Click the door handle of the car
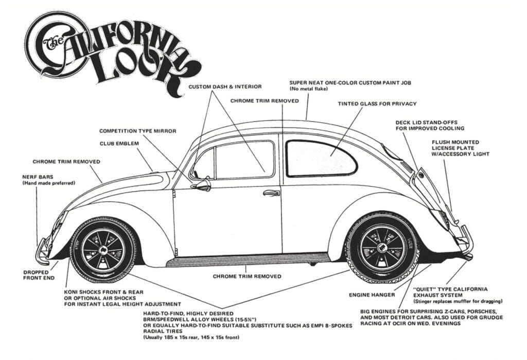pos(271,193)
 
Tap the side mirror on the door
pos(201,184)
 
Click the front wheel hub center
pos(103,248)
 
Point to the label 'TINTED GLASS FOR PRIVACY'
pos(377,104)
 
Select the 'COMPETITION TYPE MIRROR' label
pos(137,131)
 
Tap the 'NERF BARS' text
pos(34,177)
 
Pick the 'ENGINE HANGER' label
pos(371,295)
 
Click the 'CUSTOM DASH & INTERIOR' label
pos(225,87)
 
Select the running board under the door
pos(247,259)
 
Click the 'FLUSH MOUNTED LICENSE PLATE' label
pos(455,148)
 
